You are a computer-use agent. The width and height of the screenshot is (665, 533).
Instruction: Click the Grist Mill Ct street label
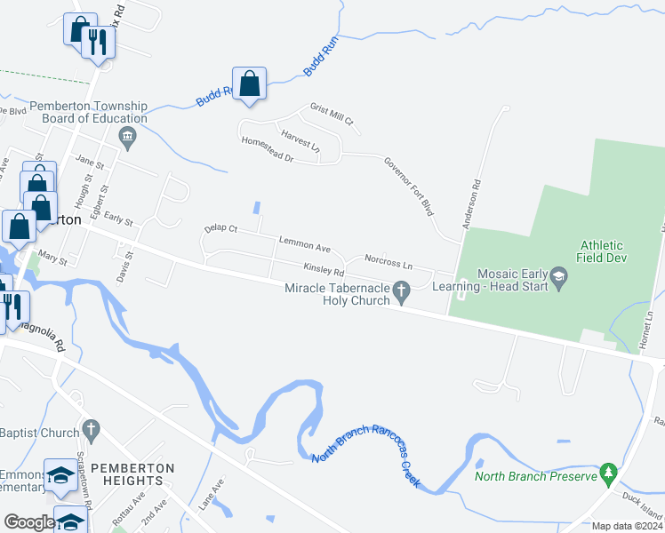[x=332, y=114]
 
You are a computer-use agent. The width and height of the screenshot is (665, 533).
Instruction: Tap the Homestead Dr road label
[x=267, y=149]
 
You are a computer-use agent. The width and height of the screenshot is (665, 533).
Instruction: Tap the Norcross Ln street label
[x=389, y=264]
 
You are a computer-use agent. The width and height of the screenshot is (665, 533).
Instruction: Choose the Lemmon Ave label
[x=304, y=244]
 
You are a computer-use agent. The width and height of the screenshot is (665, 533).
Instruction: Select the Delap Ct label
[x=220, y=229]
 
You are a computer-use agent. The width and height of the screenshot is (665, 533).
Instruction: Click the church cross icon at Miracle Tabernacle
[x=401, y=289]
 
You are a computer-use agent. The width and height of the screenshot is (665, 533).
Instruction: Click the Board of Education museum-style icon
[x=127, y=136]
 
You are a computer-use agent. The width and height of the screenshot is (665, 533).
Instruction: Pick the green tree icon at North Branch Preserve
[x=608, y=471]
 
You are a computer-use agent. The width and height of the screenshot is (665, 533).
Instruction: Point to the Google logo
[x=29, y=522]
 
